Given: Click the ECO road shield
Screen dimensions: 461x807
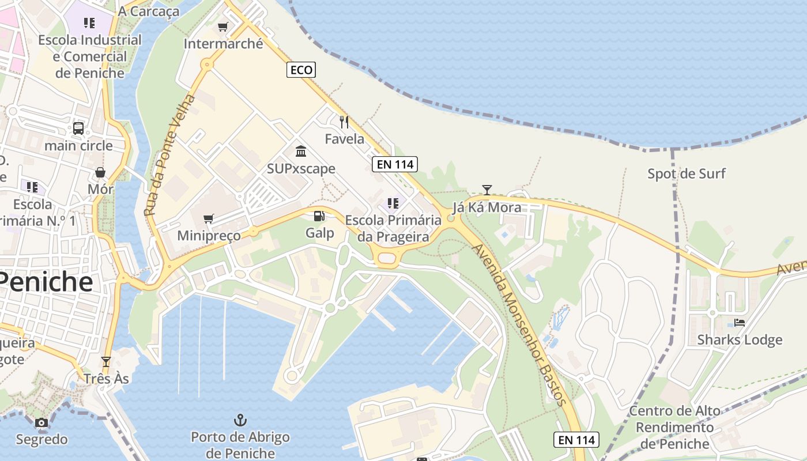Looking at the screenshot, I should pyautogui.click(x=301, y=70).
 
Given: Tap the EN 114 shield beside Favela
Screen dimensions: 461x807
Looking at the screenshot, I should pyautogui.click(x=395, y=164).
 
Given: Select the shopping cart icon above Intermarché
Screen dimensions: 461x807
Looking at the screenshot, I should pyautogui.click(x=223, y=27).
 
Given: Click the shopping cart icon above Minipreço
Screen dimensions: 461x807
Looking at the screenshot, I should pyautogui.click(x=209, y=218).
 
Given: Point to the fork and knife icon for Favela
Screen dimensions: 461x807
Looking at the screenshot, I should pyautogui.click(x=344, y=122).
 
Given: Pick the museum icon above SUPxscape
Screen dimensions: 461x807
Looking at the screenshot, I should pyautogui.click(x=301, y=152).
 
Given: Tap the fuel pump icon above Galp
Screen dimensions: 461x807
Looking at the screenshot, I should pyautogui.click(x=319, y=216).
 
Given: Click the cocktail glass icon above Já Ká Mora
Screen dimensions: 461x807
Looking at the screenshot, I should pyautogui.click(x=487, y=190).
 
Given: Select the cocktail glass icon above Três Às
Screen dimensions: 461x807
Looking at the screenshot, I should pyautogui.click(x=105, y=362).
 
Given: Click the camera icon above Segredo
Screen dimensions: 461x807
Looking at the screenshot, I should pyautogui.click(x=41, y=423).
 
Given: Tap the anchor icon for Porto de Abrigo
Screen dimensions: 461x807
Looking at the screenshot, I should pyautogui.click(x=240, y=420).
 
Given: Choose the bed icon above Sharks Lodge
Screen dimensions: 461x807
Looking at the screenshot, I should pyautogui.click(x=740, y=323).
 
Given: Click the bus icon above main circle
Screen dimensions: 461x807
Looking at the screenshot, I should pyautogui.click(x=78, y=129).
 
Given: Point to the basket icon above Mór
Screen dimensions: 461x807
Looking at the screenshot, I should pyautogui.click(x=100, y=172).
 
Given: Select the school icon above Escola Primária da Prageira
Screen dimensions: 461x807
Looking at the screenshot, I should pyautogui.click(x=393, y=203).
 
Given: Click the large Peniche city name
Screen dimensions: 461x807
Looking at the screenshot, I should pyautogui.click(x=46, y=282).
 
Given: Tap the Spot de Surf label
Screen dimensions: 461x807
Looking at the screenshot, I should pyautogui.click(x=686, y=173).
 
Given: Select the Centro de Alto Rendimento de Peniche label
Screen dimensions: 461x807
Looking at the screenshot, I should pyautogui.click(x=674, y=427).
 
